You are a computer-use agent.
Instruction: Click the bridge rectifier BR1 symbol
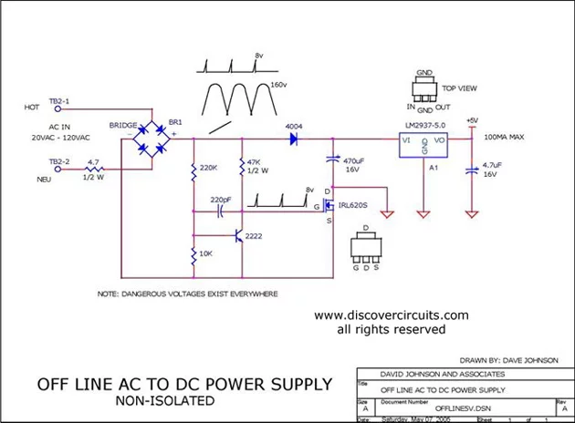point(152,141)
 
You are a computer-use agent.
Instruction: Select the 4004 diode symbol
point(295,140)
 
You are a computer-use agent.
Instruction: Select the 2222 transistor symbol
point(238,236)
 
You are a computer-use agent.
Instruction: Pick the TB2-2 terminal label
point(57,161)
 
